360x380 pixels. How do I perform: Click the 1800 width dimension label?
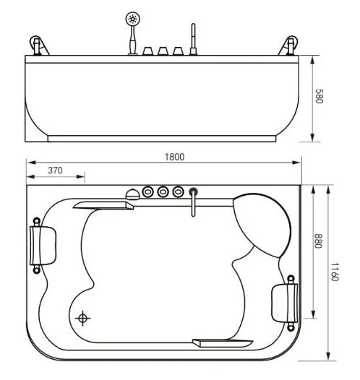[174, 157]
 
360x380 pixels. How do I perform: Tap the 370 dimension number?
[55, 170]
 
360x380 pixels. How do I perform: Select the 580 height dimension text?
[319, 96]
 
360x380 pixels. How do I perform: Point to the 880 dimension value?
[318, 241]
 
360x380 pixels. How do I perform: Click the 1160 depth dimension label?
[335, 272]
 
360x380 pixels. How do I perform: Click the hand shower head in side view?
[132, 18]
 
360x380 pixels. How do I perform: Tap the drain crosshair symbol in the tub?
[82, 318]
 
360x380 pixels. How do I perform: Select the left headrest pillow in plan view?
[43, 245]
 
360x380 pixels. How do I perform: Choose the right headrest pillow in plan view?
[284, 303]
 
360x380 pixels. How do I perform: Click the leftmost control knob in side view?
[147, 51]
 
